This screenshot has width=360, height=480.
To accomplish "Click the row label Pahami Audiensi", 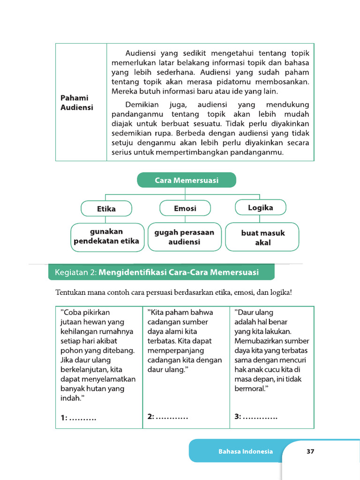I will (x=77, y=102).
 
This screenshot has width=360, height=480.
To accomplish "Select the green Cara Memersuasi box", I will (x=186, y=180).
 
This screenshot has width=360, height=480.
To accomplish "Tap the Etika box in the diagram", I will (x=106, y=209).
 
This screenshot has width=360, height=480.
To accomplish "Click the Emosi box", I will (x=185, y=208).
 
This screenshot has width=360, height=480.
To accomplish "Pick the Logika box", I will (x=260, y=207).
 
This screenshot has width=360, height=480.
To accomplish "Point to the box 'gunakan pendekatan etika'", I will (x=107, y=237).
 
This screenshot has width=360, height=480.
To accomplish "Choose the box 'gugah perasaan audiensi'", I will (x=184, y=237).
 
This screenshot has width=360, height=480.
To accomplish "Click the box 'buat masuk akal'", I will (x=262, y=237).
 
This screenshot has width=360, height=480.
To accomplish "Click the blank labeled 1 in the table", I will (x=82, y=418).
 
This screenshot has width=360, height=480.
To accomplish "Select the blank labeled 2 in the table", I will (x=171, y=416).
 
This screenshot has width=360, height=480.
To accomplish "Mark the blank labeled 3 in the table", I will (x=260, y=416).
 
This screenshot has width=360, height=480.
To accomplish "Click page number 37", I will (x=310, y=451).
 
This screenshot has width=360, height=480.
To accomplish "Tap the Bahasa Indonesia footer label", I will (x=245, y=451).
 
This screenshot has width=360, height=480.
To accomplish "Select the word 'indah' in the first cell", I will (x=70, y=398).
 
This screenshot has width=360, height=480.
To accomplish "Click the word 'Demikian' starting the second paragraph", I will (x=142, y=105).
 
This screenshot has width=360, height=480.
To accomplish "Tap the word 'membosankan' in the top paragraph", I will (x=284, y=82).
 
